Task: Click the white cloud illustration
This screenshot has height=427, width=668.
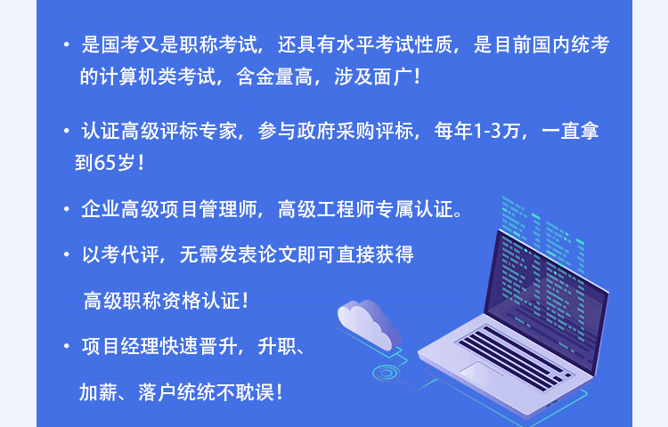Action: (369, 323)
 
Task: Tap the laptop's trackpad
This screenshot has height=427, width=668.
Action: (482, 374)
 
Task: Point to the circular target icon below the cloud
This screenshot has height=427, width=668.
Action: (386, 374)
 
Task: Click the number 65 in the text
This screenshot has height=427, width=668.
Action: (104, 162)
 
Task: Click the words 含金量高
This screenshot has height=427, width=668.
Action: (274, 77)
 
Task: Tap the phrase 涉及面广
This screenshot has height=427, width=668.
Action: (373, 77)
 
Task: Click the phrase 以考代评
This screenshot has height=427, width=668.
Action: (120, 254)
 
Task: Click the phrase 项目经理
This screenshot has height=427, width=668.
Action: (120, 346)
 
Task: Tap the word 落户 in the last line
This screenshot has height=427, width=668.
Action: (157, 392)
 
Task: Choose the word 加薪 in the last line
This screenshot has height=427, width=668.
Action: (98, 392)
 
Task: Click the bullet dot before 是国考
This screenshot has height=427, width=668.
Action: (67, 44)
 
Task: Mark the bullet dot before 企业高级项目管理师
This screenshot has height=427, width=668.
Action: (67, 209)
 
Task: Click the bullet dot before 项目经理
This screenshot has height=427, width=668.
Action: (67, 346)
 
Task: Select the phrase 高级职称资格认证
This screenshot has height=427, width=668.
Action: (161, 301)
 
